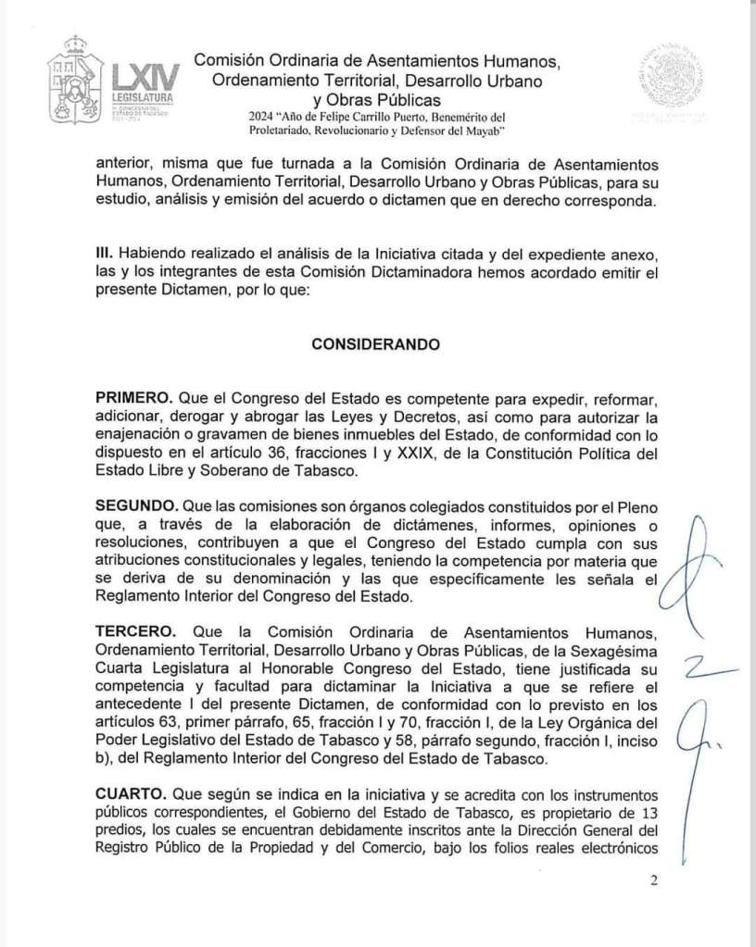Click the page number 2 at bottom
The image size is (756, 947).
pyautogui.click(x=653, y=880)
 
